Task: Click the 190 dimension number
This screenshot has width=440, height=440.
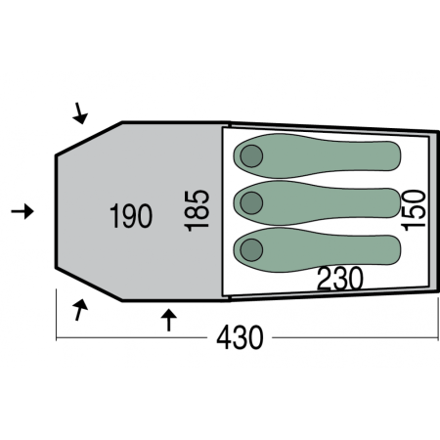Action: (131, 216)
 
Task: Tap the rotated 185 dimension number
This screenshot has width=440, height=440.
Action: (197, 211)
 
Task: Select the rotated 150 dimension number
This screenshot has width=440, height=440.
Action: (414, 210)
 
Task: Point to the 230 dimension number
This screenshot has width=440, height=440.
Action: (340, 279)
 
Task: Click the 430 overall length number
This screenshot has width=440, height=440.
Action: (240, 337)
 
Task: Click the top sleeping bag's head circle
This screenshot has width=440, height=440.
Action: (251, 155)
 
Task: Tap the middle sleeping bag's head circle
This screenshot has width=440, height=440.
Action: (251, 203)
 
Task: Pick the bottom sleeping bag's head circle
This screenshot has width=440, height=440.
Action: (251, 250)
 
